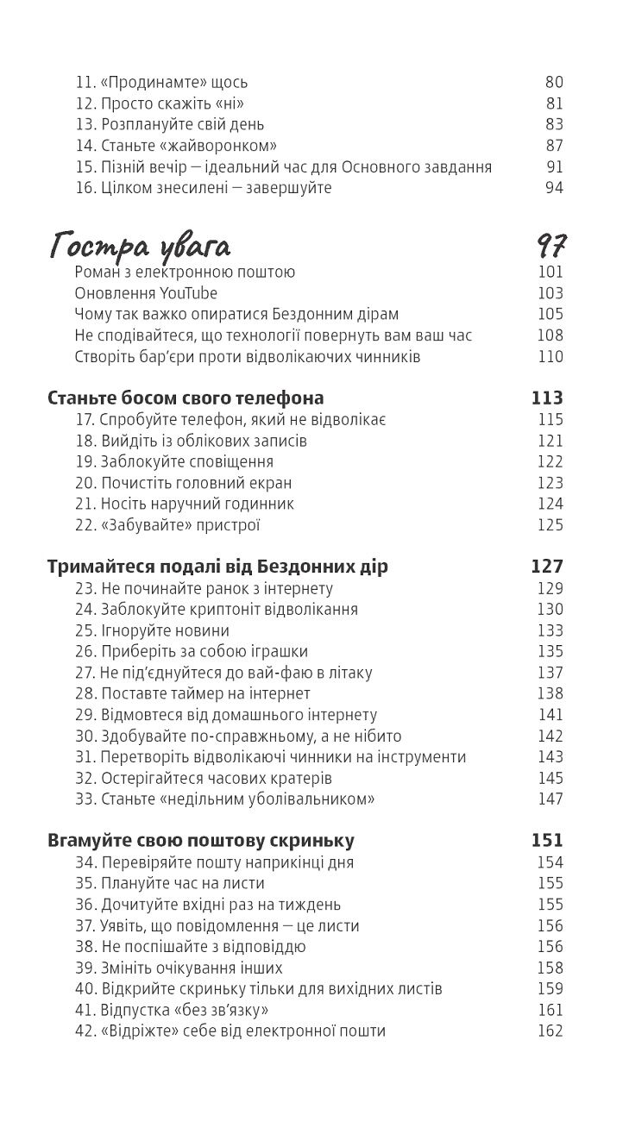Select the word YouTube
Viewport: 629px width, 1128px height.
[188, 293]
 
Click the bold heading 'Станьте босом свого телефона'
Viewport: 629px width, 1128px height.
[186, 398]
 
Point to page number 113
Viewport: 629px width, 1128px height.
[547, 398]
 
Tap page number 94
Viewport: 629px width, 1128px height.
[554, 188]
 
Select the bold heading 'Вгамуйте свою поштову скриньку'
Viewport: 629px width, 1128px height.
[201, 840]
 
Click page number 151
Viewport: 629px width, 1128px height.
[547, 840]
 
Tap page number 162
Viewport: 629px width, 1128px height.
[550, 1031]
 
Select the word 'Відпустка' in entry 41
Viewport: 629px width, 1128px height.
[134, 1010]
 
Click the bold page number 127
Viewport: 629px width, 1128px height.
[547, 567]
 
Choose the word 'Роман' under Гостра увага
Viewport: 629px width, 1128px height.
[96, 273]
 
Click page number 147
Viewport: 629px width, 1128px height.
[550, 799]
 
